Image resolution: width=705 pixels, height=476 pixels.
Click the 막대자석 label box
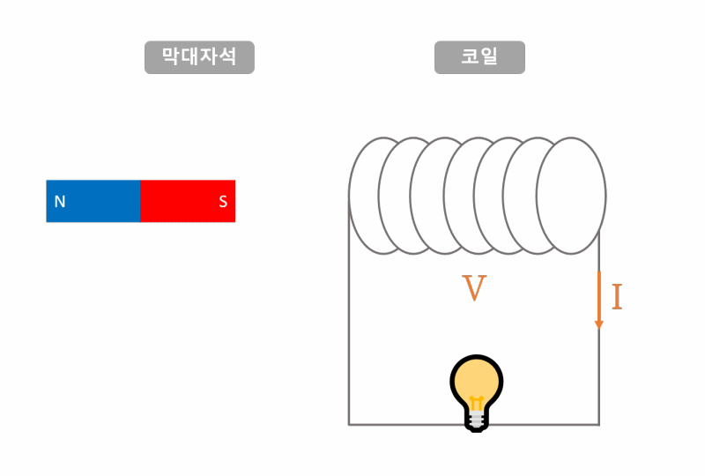(199, 57)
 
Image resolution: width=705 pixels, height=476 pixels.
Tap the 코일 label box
(479, 57)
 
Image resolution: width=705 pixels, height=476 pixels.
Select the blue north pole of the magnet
(93, 201)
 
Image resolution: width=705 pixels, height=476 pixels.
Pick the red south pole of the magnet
(188, 201)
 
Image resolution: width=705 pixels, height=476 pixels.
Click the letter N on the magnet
(60, 202)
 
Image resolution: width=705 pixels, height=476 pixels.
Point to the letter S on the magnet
(223, 202)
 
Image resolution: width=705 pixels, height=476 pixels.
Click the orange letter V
(475, 289)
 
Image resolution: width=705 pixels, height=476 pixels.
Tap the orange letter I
(617, 298)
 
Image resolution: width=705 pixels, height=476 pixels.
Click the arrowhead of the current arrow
(599, 324)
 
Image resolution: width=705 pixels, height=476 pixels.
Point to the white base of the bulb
(477, 420)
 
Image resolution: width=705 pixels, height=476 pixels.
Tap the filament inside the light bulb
(477, 404)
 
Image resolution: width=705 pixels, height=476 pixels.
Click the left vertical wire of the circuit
(349, 335)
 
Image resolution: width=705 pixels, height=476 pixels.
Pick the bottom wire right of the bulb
(546, 424)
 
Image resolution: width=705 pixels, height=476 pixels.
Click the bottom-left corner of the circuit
(349, 424)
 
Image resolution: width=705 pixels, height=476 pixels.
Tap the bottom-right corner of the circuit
(599, 424)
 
